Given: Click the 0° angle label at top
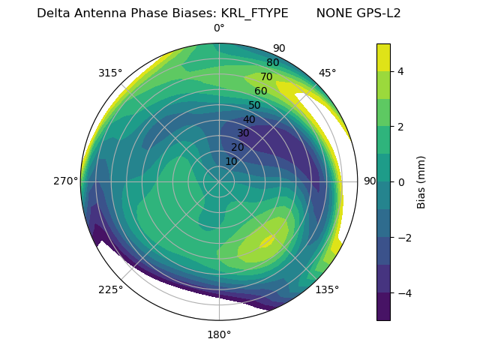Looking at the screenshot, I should tap(219, 28).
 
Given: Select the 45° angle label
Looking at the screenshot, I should tap(327, 73).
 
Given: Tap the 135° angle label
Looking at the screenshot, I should tap(327, 289).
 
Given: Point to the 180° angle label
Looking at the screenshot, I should tap(219, 334).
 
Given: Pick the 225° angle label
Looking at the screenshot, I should tap(110, 289).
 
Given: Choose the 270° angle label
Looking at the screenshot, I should tap(65, 181).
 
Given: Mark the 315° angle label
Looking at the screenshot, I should tap(110, 73).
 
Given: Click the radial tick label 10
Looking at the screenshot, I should tap(231, 161).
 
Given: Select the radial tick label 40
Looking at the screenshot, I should tap(249, 119).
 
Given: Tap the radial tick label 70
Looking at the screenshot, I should tap(267, 76).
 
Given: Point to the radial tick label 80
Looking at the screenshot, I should tap(273, 62).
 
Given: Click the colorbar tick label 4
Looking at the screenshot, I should tap(401, 71).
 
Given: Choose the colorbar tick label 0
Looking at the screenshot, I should tap(401, 181).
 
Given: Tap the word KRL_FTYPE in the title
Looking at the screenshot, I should tap(255, 13).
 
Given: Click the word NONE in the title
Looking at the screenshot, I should tap(332, 13).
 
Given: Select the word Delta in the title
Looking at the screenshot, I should tap(52, 13).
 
